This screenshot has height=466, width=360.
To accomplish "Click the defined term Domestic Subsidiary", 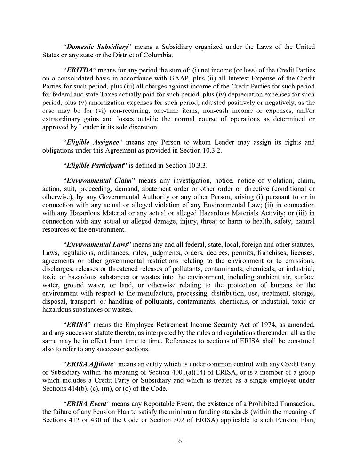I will coord(97,47).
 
